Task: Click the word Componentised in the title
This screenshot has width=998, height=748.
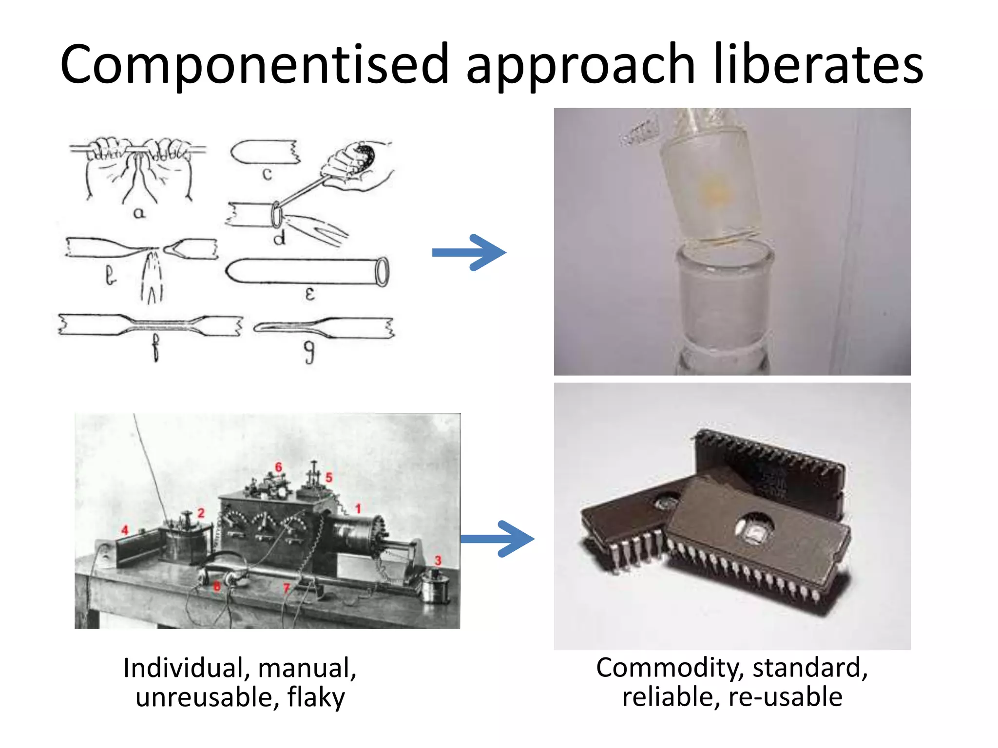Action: tap(253, 65)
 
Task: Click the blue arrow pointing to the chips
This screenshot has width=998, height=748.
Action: tap(498, 539)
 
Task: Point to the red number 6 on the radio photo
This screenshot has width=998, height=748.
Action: tap(278, 467)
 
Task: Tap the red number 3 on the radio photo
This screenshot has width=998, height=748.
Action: tap(438, 561)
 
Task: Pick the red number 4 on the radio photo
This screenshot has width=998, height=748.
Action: tap(125, 530)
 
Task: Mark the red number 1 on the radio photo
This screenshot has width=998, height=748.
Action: tap(358, 509)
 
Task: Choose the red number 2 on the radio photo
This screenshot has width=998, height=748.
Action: tap(201, 513)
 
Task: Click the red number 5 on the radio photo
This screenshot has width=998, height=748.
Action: tap(329, 477)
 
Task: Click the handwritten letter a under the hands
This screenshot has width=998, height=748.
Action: tap(139, 213)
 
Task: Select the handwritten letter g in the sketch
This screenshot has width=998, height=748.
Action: tap(309, 352)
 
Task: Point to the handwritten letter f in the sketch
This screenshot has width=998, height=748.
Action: tap(155, 347)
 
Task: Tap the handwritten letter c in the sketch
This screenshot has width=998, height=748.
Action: tap(267, 174)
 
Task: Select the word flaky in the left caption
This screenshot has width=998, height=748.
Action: tap(316, 697)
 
